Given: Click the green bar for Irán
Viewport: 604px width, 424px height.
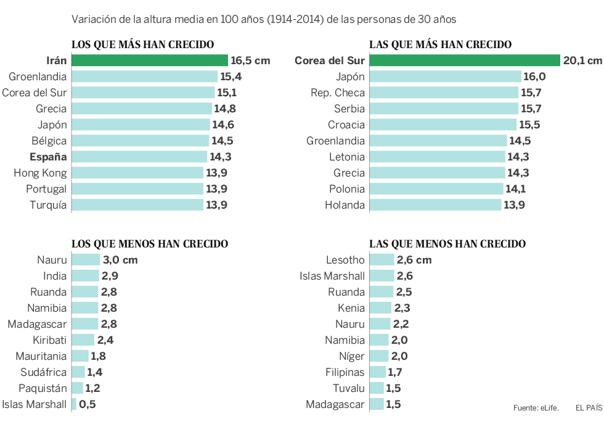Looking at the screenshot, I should click(150, 60).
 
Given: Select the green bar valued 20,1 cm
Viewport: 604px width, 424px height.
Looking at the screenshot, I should click(464, 60).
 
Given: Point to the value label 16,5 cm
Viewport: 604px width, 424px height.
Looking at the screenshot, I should click(250, 60).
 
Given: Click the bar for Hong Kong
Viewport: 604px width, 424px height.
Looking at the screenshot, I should click(137, 173).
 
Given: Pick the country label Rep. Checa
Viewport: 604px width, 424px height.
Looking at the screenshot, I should click(338, 93).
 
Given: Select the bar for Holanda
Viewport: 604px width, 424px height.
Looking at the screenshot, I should click(435, 205).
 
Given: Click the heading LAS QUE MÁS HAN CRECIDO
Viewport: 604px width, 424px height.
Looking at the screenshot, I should click(440, 44).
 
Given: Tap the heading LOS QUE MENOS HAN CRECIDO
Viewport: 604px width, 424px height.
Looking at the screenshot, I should click(150, 244).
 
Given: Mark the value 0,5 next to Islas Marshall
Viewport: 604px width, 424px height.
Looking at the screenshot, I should click(88, 405).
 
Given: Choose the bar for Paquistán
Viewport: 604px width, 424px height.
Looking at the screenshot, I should click(78, 388).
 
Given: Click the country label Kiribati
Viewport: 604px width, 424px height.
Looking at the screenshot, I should click(50, 340).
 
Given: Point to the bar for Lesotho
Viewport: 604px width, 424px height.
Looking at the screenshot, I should click(382, 260).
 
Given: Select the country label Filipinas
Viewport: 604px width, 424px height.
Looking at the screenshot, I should click(345, 372).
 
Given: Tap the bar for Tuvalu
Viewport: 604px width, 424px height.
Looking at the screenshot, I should click(377, 388).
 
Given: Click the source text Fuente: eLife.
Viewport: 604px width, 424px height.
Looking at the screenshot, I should click(536, 408).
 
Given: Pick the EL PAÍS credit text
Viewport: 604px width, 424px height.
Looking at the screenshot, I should click(589, 408).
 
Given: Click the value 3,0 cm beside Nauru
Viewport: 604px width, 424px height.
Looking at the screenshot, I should click(120, 260).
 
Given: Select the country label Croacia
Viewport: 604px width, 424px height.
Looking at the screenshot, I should click(346, 125).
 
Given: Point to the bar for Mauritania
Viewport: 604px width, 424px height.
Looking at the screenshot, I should click(80, 356).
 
